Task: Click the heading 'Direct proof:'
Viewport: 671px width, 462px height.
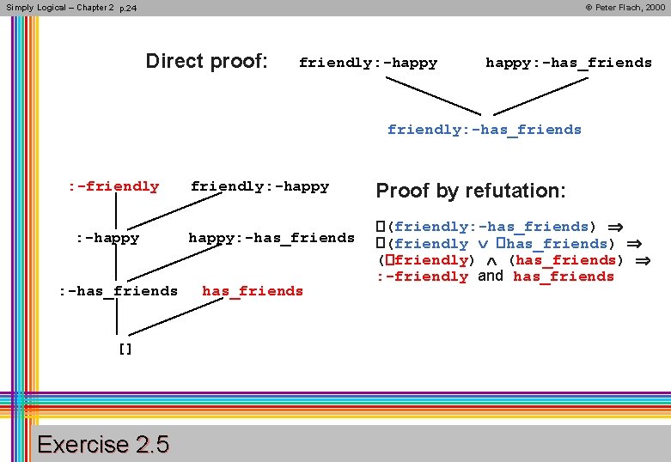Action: [x=206, y=61]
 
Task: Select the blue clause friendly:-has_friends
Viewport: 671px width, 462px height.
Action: [x=484, y=130]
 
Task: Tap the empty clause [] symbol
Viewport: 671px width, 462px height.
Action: [x=125, y=350]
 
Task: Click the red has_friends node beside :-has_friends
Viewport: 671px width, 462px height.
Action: [x=253, y=291]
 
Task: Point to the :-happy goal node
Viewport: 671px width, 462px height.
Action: [x=107, y=238]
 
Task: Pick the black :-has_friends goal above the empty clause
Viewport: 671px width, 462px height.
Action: [x=118, y=291]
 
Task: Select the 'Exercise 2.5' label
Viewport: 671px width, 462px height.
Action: [x=104, y=444]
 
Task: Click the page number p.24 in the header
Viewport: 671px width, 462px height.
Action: [x=128, y=8]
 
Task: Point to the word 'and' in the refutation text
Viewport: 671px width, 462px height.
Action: [x=491, y=276]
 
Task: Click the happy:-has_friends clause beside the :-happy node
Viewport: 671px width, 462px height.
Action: [x=271, y=237]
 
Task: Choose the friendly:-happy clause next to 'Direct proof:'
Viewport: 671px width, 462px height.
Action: [x=368, y=63]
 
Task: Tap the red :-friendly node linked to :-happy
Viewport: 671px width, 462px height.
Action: [x=114, y=186]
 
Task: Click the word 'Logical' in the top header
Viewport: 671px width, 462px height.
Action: [x=50, y=7]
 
